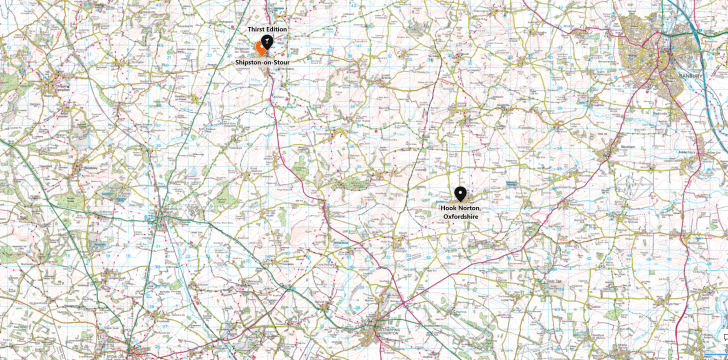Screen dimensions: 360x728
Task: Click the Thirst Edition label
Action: click(267, 31)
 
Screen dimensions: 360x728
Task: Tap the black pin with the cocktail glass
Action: click(268, 44)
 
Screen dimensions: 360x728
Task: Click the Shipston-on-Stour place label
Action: click(265, 62)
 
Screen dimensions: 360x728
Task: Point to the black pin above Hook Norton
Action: click(460, 194)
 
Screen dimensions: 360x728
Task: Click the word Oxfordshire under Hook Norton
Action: click(463, 215)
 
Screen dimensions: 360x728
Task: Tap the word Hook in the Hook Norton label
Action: click(450, 207)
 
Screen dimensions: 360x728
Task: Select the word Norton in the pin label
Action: click(470, 207)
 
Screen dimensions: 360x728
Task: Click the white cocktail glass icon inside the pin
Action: click(268, 42)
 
